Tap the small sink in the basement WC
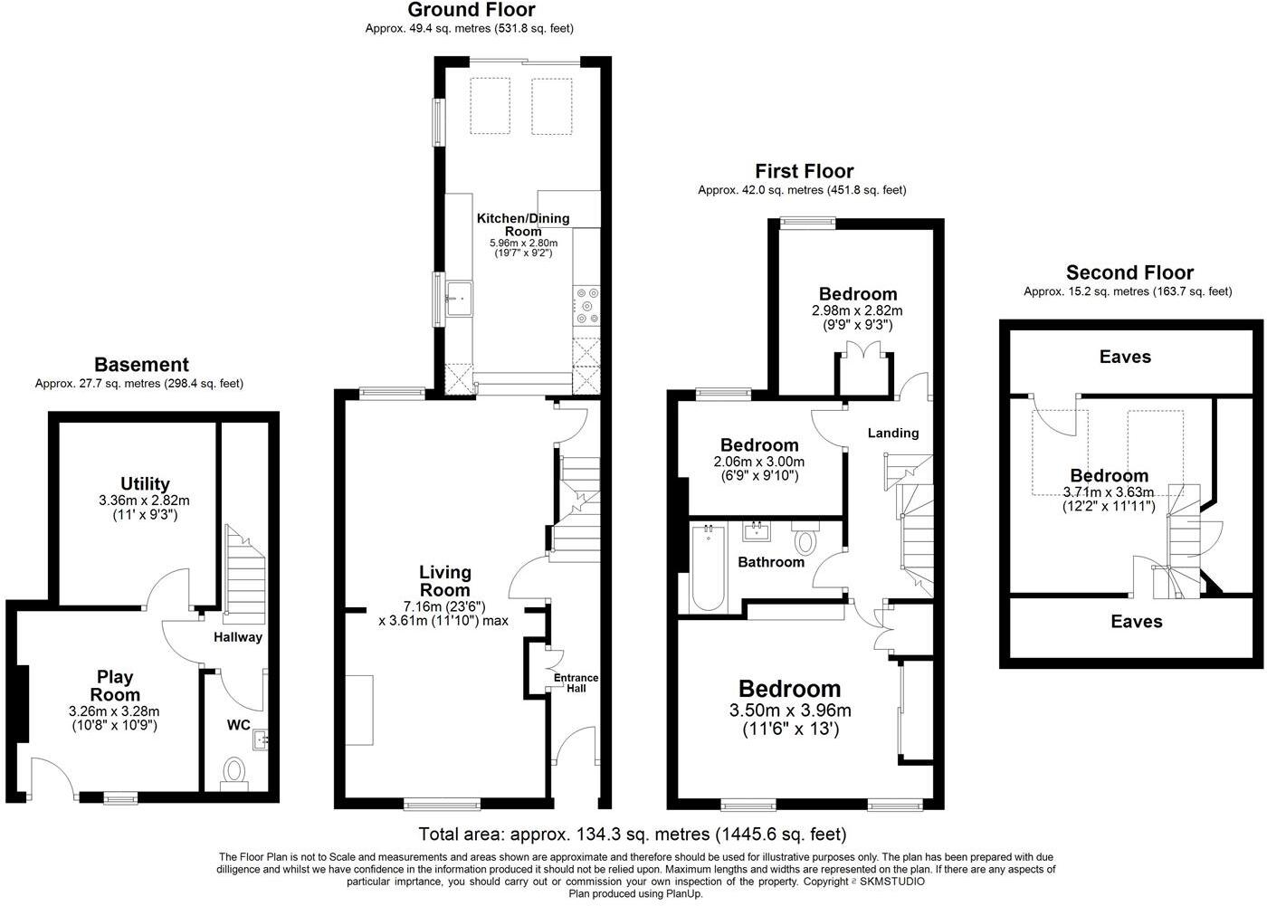(262, 740)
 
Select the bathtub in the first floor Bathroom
(707, 570)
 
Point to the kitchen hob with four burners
(586, 305)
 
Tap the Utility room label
(145, 484)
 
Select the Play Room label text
(115, 686)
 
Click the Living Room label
(444, 581)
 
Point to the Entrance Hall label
(576, 682)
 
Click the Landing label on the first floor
(893, 433)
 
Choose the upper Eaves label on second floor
(1125, 357)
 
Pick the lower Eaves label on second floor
(1137, 622)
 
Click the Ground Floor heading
(471, 11)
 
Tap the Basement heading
(141, 365)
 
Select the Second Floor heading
(1129, 272)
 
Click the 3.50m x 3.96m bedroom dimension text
(790, 710)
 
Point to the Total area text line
(632, 834)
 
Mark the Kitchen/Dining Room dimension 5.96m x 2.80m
(523, 243)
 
